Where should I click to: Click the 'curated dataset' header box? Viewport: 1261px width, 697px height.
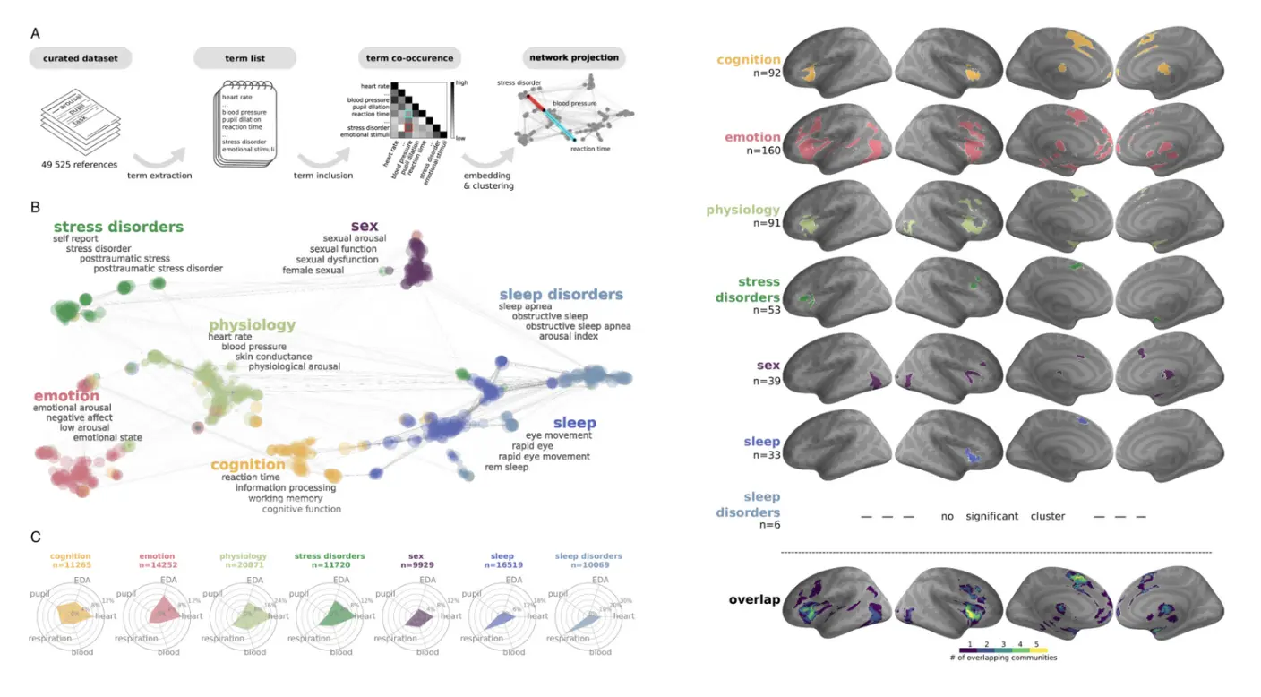[80, 59]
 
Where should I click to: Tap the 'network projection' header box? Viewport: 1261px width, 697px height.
[574, 57]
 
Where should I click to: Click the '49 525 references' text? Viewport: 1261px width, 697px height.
[80, 164]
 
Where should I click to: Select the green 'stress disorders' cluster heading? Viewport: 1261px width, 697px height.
[118, 227]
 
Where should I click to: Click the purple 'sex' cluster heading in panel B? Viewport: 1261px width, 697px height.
[365, 225]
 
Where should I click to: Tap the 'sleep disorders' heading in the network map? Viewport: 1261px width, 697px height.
[561, 294]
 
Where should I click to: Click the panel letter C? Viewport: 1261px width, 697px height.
[35, 538]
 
